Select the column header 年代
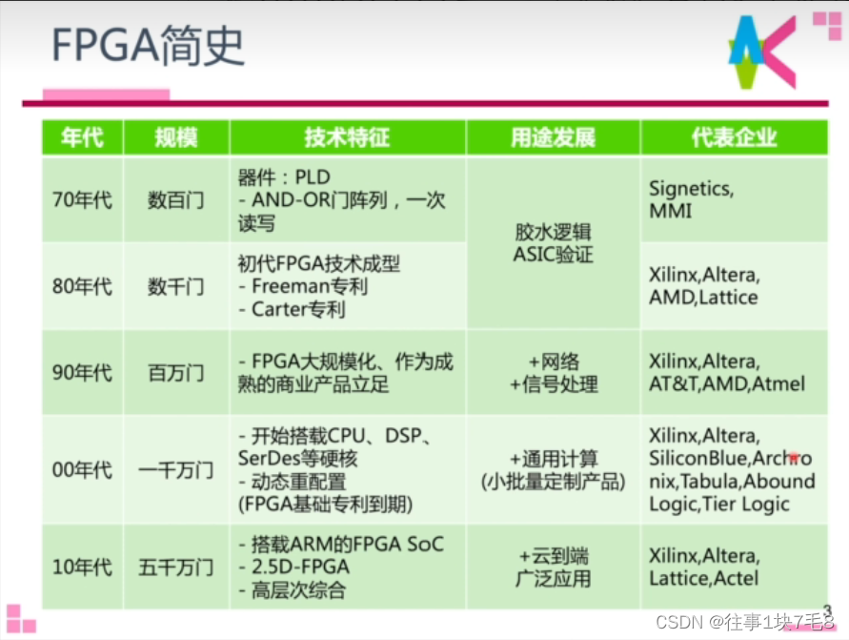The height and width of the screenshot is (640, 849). (x=82, y=137)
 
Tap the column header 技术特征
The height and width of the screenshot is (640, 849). (x=347, y=137)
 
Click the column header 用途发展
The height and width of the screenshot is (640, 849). (x=553, y=137)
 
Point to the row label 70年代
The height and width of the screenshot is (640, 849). (x=82, y=200)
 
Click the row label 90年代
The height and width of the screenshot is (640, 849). (x=82, y=373)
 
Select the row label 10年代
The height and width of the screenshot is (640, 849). (x=82, y=568)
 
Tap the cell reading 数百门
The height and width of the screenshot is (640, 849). (x=176, y=200)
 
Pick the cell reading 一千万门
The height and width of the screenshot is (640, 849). (x=176, y=470)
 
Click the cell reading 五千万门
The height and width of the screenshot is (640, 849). (x=176, y=568)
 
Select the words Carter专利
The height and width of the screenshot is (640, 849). (x=298, y=310)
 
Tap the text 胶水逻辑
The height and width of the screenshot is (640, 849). (x=553, y=232)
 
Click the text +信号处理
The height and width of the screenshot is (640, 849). (x=553, y=384)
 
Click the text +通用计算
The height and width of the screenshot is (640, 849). (x=553, y=459)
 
